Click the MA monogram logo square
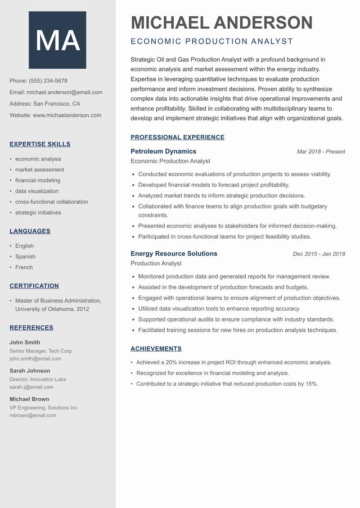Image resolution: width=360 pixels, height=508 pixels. click(57, 40)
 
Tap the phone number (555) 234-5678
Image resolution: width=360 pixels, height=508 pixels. click(48, 81)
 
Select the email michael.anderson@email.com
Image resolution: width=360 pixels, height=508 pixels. click(64, 92)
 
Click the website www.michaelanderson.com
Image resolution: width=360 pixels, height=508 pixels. click(67, 115)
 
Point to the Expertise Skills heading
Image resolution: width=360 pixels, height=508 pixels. click(40, 144)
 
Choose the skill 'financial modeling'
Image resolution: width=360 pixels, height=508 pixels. click(38, 180)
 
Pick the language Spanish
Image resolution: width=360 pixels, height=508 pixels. click(25, 257)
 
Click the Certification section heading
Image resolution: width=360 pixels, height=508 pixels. click(34, 286)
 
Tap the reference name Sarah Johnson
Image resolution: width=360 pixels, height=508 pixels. click(30, 371)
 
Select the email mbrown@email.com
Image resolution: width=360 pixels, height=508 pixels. click(33, 415)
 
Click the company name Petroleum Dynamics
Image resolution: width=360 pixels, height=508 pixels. click(163, 152)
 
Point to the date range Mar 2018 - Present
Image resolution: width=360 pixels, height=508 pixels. click(321, 152)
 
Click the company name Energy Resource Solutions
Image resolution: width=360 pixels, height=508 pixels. click(174, 254)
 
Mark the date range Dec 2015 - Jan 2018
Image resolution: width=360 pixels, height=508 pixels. click(319, 254)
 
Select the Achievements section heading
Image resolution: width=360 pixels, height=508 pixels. click(156, 349)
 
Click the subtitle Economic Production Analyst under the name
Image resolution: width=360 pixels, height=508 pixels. click(211, 42)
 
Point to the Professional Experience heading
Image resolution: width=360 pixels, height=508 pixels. click(177, 138)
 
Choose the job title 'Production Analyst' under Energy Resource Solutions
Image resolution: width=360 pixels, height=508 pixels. click(156, 263)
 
